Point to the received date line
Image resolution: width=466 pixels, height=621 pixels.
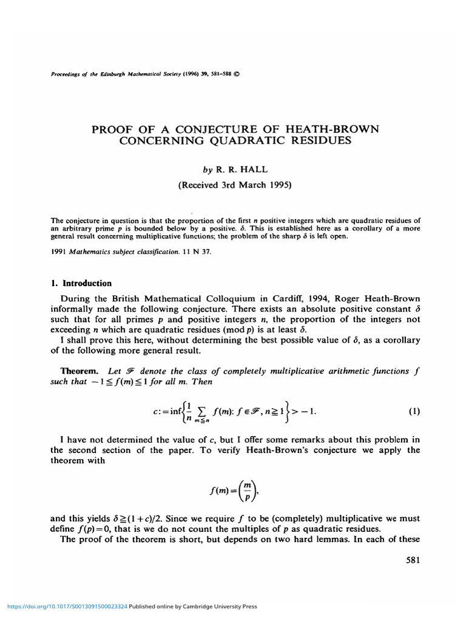pos(235,186)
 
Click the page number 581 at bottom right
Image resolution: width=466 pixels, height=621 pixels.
pos(413,560)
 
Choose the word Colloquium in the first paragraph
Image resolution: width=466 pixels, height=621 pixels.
pos(234,298)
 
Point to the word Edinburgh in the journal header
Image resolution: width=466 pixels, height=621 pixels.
pos(107,75)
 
